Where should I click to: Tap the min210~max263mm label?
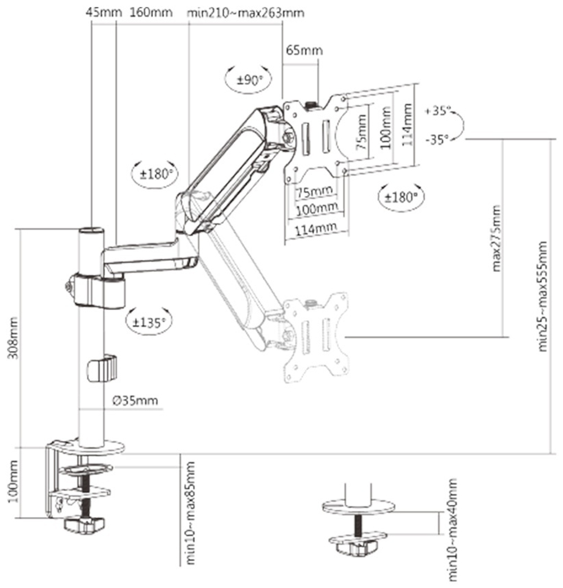245,12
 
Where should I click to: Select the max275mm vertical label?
497,239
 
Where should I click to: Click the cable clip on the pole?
101,369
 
